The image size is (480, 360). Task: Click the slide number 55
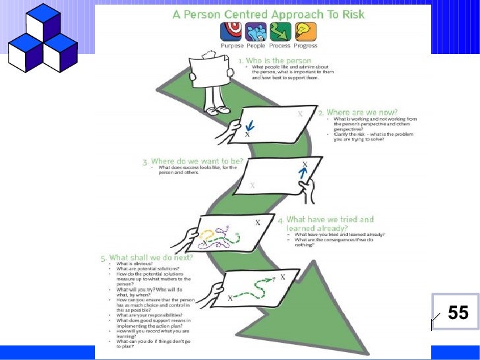[458, 313]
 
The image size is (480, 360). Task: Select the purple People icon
[255, 31]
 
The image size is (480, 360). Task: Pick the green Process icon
[280, 31]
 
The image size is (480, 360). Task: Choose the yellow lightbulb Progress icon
[305, 31]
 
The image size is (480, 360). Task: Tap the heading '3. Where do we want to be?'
[193, 162]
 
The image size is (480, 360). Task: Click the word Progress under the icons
[306, 46]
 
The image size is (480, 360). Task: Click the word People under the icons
[256, 46]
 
